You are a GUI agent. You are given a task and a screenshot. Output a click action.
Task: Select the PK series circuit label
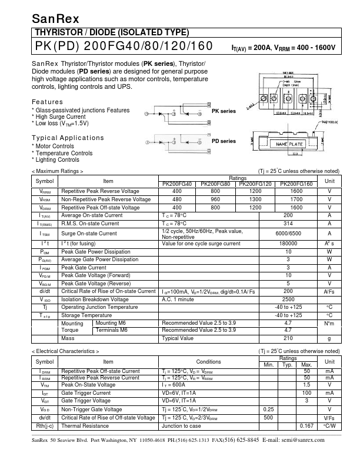click(x=224, y=111)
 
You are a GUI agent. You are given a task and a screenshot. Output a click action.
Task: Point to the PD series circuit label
click(x=224, y=141)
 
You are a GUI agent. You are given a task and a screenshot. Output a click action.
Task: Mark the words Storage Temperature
click(x=86, y=315)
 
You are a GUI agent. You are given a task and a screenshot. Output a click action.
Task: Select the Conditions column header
click(x=209, y=361)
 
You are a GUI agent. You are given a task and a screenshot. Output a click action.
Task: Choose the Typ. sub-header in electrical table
click(x=288, y=365)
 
